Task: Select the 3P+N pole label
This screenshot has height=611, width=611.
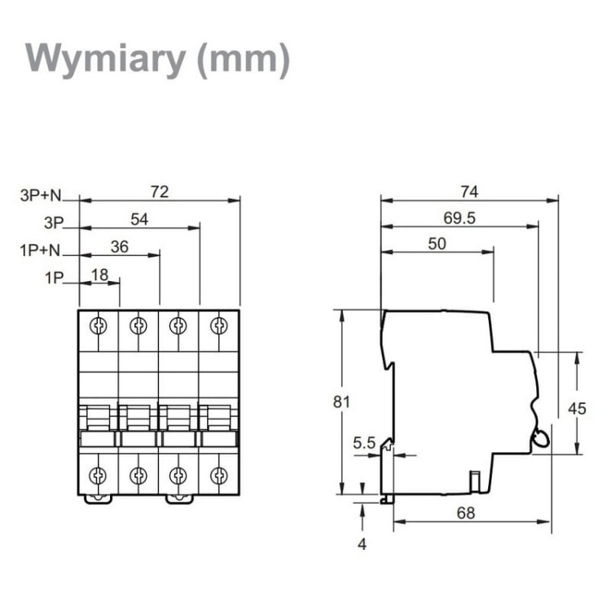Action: (x=42, y=196)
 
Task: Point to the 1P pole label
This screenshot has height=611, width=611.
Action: (x=54, y=278)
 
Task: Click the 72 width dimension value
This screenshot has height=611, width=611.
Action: (x=160, y=191)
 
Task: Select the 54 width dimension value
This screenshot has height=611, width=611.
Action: (x=139, y=218)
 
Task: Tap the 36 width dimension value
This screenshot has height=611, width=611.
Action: (x=119, y=248)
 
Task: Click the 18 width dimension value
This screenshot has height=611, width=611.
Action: (x=99, y=275)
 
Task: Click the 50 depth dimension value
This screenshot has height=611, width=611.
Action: (x=437, y=244)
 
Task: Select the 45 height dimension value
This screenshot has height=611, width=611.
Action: (x=577, y=409)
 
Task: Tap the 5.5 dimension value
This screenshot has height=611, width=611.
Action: (x=363, y=443)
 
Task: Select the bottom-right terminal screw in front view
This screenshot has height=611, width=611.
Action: (x=218, y=474)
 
